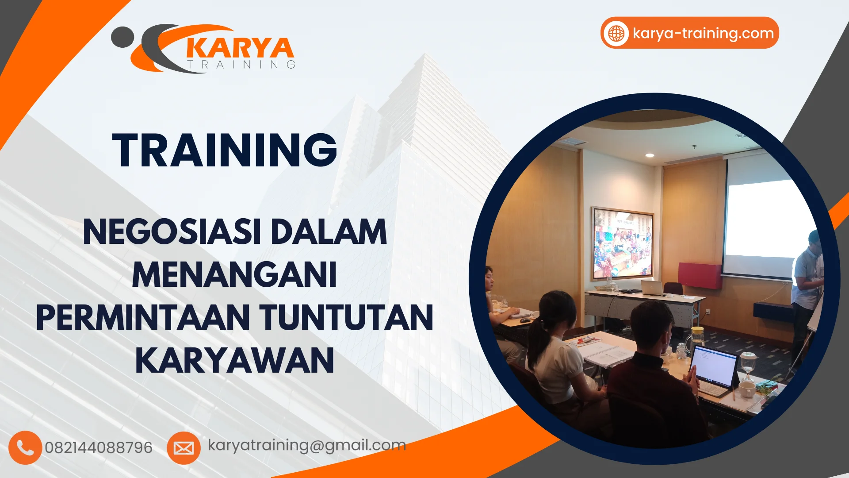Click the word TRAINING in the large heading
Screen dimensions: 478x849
click(x=225, y=150)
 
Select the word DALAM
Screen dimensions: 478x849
click(x=329, y=232)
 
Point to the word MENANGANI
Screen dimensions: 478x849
click(x=234, y=275)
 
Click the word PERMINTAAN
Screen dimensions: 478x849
click(x=143, y=318)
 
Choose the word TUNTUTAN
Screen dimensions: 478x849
click(x=346, y=318)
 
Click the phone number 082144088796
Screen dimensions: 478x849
click(x=99, y=447)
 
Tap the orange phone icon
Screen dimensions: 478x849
click(x=25, y=447)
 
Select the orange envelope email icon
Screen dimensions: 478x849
click(x=184, y=448)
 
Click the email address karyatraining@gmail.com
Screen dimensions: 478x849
click(x=307, y=445)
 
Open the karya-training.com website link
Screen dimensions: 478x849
click(x=703, y=33)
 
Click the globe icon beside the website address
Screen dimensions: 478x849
click(x=616, y=33)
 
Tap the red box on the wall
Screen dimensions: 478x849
click(x=700, y=275)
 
